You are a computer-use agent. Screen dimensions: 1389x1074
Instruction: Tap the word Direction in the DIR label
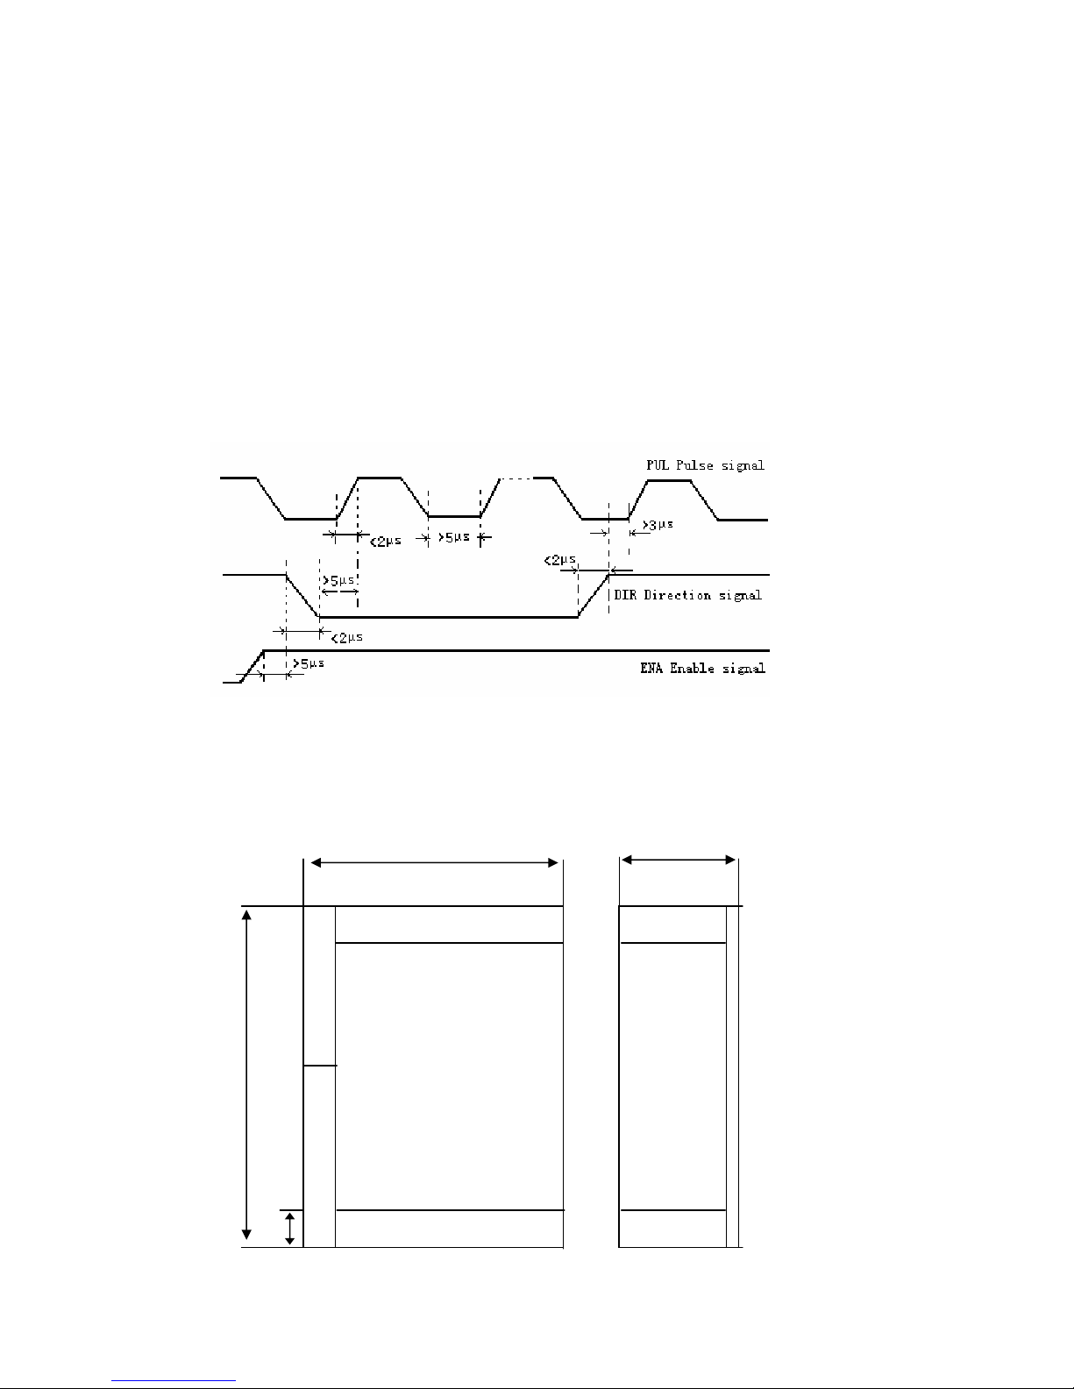(676, 595)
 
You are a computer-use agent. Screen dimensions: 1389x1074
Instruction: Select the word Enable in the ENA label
(694, 669)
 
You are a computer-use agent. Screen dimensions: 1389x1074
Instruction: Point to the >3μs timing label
(658, 525)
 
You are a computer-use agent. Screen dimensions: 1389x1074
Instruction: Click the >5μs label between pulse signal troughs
(453, 537)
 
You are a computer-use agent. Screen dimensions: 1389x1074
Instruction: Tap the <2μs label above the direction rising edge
(559, 559)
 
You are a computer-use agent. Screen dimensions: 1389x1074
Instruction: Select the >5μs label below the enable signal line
(308, 663)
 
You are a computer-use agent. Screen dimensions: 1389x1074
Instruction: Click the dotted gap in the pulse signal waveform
(516, 478)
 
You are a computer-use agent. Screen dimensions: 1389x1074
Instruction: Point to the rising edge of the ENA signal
(253, 665)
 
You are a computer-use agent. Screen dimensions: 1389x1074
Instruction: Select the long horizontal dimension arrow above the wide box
(434, 863)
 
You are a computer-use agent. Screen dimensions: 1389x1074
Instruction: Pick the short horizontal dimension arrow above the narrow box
(678, 861)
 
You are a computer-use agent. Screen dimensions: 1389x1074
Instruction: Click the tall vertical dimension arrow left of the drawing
(246, 1075)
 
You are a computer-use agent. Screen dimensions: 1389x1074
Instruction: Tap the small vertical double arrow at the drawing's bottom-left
(289, 1228)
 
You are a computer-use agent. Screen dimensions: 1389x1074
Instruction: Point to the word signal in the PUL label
(742, 464)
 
